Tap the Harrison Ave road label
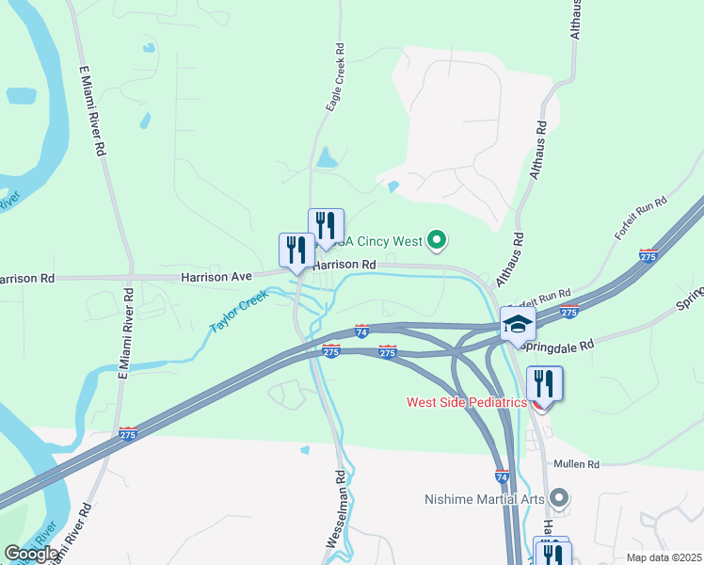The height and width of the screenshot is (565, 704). coord(216,278)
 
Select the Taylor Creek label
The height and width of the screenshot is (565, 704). coord(239,312)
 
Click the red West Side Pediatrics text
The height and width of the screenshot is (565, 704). coord(466,402)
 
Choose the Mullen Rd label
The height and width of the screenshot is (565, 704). coord(577,464)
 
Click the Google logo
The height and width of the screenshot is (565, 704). coord(30,554)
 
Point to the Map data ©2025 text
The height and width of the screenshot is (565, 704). coord(664,557)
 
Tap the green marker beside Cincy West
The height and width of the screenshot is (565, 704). coord(436,242)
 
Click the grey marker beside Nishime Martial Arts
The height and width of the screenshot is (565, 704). coord(559,496)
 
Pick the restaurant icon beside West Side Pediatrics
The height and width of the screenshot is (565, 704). coord(544,385)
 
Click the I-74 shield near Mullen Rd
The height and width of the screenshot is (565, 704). coord(503,477)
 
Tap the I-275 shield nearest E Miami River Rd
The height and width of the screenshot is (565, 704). coord(128,435)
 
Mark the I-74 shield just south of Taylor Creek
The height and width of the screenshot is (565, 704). coord(362,331)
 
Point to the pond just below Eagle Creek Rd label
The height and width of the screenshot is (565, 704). coord(327,157)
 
